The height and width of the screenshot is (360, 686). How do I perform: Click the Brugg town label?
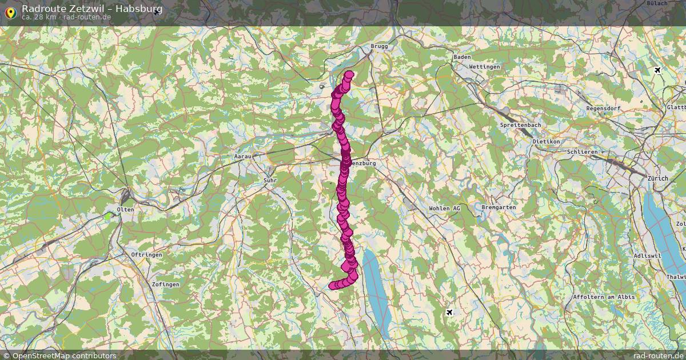(x=379, y=46)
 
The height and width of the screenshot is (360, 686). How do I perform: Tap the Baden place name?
(x=461, y=57)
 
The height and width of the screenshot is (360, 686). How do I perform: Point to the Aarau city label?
(x=243, y=156)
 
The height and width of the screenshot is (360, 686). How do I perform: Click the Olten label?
(x=125, y=210)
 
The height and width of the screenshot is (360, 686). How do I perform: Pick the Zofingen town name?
(x=166, y=284)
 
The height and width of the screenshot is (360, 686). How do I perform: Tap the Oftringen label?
(x=146, y=254)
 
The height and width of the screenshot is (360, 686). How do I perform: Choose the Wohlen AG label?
(x=444, y=209)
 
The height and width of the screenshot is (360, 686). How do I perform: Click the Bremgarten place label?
(x=498, y=207)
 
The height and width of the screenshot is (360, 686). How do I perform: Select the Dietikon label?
(x=545, y=141)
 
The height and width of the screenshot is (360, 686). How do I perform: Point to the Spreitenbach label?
(x=520, y=125)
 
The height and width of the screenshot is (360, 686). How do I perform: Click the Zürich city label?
(x=657, y=178)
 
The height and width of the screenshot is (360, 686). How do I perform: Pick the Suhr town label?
(x=270, y=181)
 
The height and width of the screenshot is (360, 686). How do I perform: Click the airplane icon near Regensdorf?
(x=657, y=70)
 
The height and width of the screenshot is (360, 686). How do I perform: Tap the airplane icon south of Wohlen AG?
(x=449, y=312)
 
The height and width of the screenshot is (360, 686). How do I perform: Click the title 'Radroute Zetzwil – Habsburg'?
(x=92, y=9)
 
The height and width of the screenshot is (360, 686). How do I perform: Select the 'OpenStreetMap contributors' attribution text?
(x=64, y=355)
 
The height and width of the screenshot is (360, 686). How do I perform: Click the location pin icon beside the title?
(x=10, y=13)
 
